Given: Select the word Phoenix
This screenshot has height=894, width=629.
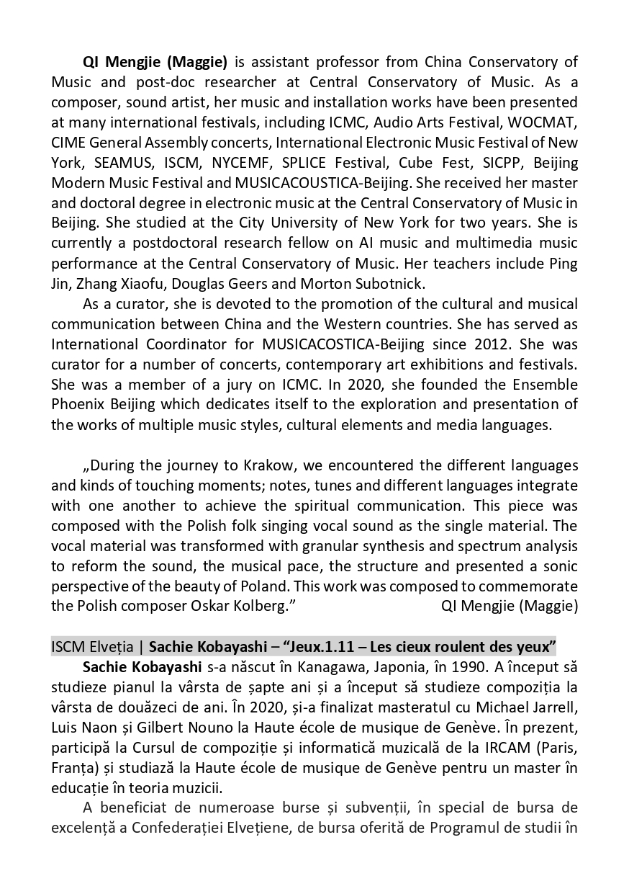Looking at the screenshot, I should [78, 404].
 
